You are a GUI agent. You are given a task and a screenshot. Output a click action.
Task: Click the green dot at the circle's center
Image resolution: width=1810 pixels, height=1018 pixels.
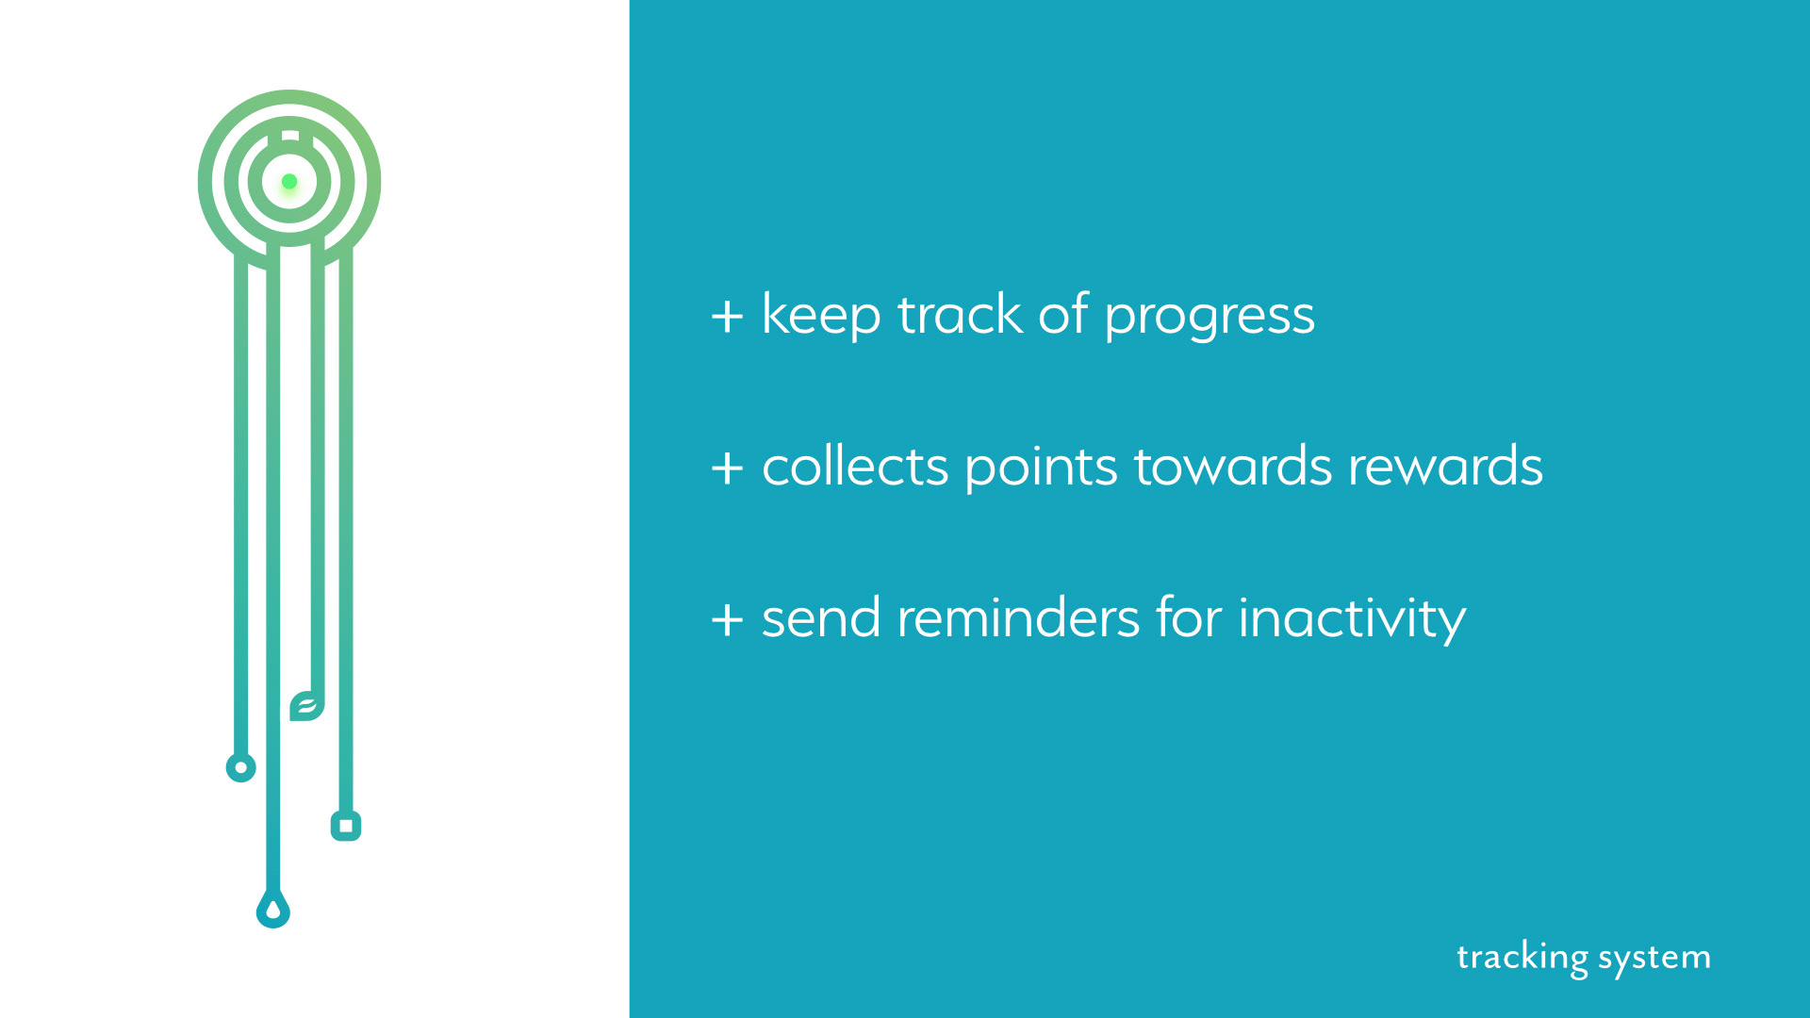coord(289,181)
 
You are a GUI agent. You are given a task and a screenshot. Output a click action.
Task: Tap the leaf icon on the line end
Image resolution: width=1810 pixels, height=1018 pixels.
coord(307,705)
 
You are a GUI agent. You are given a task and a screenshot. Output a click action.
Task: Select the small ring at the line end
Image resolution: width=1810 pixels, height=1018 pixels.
coord(241,767)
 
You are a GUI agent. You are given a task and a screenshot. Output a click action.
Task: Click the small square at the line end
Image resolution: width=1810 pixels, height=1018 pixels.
coord(346,827)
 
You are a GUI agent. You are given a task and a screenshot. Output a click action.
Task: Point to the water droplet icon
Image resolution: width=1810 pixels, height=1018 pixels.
coord(273,910)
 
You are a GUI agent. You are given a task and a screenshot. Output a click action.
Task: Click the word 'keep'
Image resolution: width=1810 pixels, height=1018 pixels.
coord(821,316)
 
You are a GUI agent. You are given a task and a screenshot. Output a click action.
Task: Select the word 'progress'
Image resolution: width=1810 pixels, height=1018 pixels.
coord(1209,318)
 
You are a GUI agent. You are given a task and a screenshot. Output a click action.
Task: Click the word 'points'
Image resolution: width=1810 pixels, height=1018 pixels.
coord(1042,468)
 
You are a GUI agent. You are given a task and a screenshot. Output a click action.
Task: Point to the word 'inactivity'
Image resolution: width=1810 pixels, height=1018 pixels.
coord(1352,621)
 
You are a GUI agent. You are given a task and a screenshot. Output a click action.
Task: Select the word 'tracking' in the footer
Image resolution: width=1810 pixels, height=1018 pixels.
coord(1522,958)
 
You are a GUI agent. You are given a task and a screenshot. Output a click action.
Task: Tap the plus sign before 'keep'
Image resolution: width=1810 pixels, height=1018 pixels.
coord(727,316)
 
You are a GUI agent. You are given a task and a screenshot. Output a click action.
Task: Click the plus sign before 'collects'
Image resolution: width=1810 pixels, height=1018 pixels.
coord(727,468)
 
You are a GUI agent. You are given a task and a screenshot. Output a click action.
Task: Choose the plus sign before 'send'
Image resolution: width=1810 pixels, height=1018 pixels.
coord(727,619)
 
